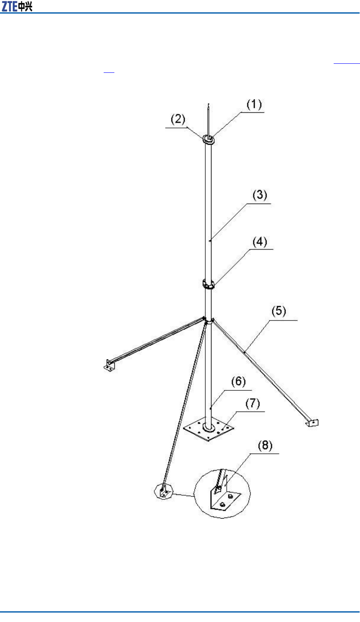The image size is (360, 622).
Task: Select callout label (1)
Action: pyautogui.click(x=254, y=104)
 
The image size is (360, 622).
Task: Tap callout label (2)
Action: pyautogui.click(x=178, y=119)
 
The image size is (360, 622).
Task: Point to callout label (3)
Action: pyautogui.click(x=260, y=195)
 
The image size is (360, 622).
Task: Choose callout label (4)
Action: pyautogui.click(x=260, y=242)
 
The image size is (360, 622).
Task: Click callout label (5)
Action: pyautogui.click(x=279, y=311)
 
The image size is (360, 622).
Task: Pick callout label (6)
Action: pyautogui.click(x=238, y=382)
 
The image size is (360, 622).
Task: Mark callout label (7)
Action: pyautogui.click(x=253, y=404)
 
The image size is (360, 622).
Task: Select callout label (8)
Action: pyautogui.click(x=265, y=446)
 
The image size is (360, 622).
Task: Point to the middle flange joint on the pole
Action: pyautogui.click(x=209, y=284)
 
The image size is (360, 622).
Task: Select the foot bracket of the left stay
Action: pyautogui.click(x=109, y=365)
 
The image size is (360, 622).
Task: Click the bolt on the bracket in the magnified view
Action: pyautogui.click(x=219, y=488)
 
